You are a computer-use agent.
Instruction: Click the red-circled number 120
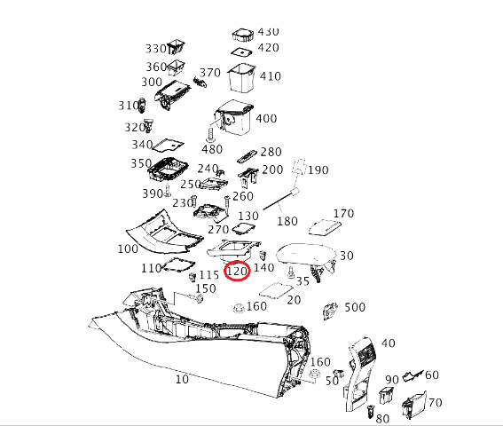tap(237, 270)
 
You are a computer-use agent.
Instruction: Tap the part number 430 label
tap(267, 32)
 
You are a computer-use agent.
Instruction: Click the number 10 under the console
tap(182, 379)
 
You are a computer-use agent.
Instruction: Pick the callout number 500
tap(354, 307)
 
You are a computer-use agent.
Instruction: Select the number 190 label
tap(318, 170)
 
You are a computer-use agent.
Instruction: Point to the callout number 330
tap(155, 48)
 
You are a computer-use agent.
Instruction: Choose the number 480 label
tap(212, 148)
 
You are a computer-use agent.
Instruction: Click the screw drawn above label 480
tap(210, 134)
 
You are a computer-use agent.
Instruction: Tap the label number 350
tap(140, 163)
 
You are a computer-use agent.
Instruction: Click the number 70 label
tap(434, 403)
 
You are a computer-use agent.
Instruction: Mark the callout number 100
tap(128, 249)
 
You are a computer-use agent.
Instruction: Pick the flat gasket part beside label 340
tap(169, 144)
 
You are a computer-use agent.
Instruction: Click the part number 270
tap(218, 229)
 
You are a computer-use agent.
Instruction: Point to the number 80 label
tap(383, 418)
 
